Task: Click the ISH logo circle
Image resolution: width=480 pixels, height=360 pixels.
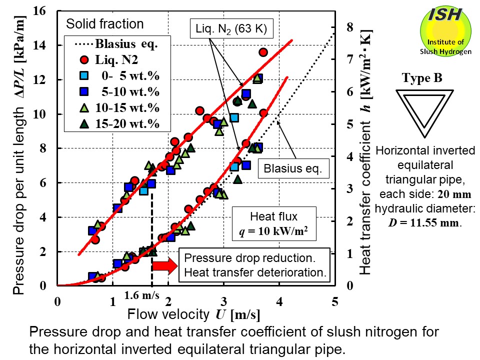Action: (446, 31)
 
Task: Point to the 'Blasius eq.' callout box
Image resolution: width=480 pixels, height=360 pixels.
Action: (294, 168)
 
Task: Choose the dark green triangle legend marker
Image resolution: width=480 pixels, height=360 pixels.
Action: (84, 123)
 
